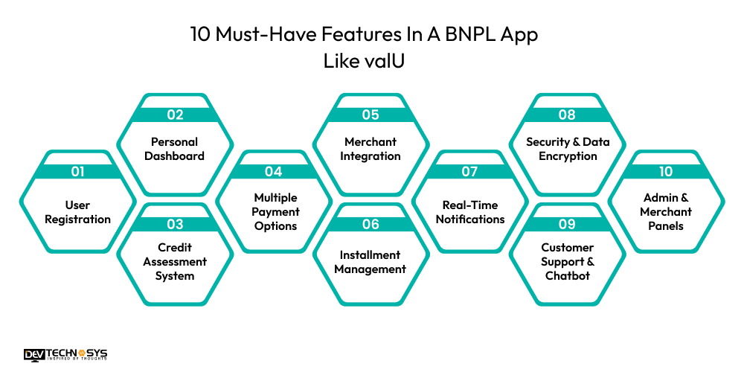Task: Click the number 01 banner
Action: (x=77, y=172)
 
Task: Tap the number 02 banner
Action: (x=175, y=115)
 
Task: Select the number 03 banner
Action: (x=175, y=224)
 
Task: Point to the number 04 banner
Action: (x=273, y=172)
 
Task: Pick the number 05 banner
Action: (x=371, y=115)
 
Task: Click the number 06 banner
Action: (x=371, y=224)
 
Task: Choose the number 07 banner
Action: (x=469, y=172)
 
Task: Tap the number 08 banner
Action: (x=567, y=115)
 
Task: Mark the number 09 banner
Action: (x=567, y=224)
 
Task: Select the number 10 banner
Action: (x=665, y=172)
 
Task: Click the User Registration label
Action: (x=77, y=212)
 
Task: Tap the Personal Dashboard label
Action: (x=175, y=149)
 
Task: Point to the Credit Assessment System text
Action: (x=175, y=261)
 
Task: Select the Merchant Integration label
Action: (x=371, y=149)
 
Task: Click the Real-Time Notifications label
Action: (x=469, y=212)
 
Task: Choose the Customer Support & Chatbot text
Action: (x=567, y=261)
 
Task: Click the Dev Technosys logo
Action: (x=65, y=356)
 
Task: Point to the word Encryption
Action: (x=567, y=156)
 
